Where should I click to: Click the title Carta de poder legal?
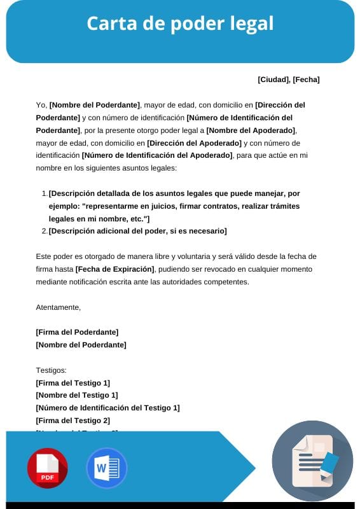[180, 24]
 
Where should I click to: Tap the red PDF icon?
[47, 468]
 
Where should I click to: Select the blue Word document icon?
[106, 468]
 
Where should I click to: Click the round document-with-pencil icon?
[312, 461]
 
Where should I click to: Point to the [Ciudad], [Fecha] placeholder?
[288, 80]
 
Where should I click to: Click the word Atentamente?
[59, 307]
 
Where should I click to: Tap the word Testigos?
[52, 370]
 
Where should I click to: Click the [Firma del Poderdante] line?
[77, 332]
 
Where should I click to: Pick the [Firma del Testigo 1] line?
[73, 382]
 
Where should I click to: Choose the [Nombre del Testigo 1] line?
[76, 395]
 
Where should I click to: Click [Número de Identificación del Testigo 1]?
[107, 408]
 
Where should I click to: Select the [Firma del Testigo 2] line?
[73, 421]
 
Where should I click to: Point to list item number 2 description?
[137, 231]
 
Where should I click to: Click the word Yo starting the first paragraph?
[41, 105]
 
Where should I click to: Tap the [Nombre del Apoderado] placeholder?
[251, 130]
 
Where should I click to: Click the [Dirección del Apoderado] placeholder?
[194, 143]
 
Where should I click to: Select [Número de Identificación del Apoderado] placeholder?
[157, 156]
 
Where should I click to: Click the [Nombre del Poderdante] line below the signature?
[81, 345]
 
